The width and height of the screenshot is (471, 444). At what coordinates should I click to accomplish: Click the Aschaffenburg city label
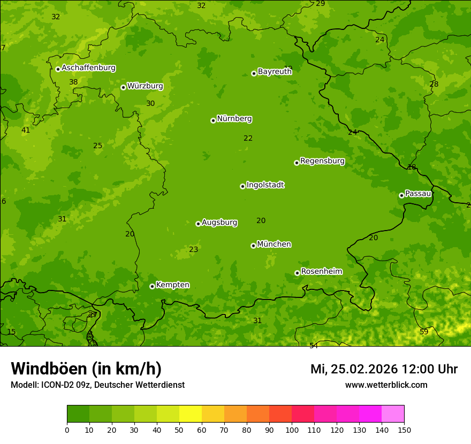(x=88, y=68)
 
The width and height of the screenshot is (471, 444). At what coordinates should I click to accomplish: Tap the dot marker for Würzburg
(x=123, y=87)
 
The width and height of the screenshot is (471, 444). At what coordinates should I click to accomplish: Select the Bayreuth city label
(x=275, y=71)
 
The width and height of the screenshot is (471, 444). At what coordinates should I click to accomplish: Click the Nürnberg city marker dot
(x=213, y=120)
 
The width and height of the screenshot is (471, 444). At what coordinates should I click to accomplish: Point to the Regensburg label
(x=322, y=161)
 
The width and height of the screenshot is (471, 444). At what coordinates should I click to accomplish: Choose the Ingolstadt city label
(x=265, y=185)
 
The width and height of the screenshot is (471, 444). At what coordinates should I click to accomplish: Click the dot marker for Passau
(x=401, y=195)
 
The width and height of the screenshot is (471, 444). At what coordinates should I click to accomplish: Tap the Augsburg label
(x=219, y=223)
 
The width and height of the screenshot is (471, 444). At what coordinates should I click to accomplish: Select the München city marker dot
(x=253, y=246)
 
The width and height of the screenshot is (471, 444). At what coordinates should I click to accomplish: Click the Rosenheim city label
(x=321, y=272)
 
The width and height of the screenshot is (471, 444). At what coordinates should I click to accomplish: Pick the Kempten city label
(x=172, y=285)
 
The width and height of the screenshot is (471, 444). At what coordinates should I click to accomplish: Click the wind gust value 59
(x=424, y=332)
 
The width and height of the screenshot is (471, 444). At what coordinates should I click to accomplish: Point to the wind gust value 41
(x=26, y=130)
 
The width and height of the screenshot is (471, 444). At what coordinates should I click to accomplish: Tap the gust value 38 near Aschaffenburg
(x=73, y=82)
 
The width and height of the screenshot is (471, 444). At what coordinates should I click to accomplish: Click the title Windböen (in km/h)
(x=86, y=369)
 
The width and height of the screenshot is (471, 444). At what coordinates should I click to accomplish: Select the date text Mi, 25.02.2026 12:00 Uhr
(x=384, y=369)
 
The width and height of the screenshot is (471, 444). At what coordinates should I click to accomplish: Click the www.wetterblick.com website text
(x=386, y=385)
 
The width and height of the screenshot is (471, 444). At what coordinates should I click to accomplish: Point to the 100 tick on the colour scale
(x=292, y=430)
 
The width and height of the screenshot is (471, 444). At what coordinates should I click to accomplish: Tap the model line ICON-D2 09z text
(x=97, y=385)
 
